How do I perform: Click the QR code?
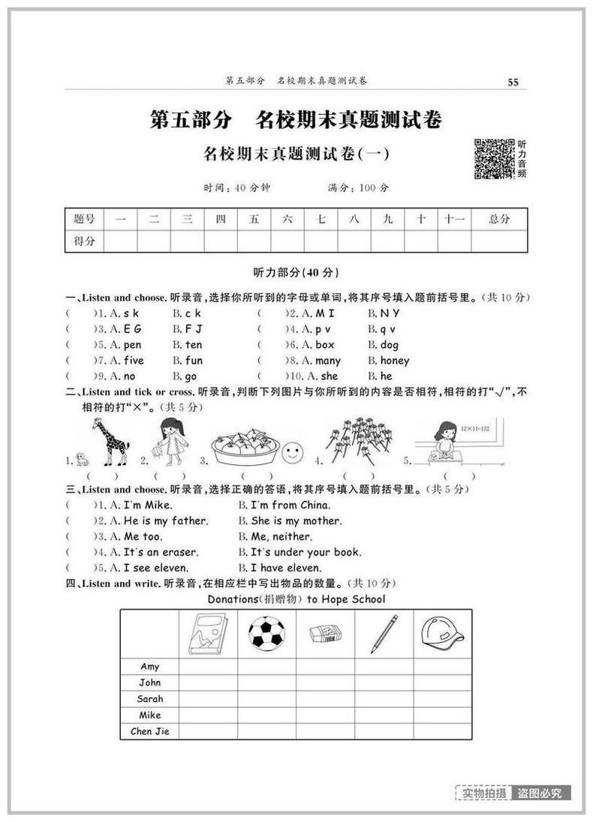point(495,159)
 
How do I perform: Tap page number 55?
point(513,82)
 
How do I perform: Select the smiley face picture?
point(292,453)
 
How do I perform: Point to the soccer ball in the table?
point(266,633)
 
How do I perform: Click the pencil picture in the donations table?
point(384,633)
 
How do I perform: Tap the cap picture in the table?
point(442,633)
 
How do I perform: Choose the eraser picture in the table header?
point(325,634)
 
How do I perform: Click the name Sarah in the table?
point(149,698)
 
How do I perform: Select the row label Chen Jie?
point(149,731)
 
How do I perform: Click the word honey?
point(394,361)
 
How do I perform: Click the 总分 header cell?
point(498,219)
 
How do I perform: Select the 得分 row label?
point(84,241)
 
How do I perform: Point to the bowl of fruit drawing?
point(245,447)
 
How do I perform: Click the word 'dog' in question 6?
point(389,345)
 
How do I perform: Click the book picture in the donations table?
point(207,633)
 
